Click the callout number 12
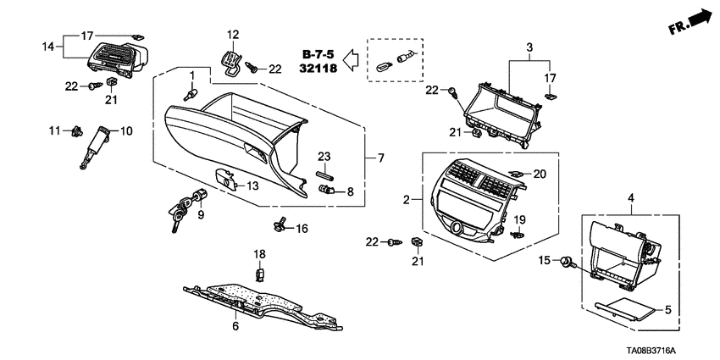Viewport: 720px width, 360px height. pyautogui.click(x=233, y=35)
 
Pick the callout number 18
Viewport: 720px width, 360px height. pyautogui.click(x=261, y=253)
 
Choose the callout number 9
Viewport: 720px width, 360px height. pyautogui.click(x=201, y=215)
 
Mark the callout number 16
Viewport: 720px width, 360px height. pyautogui.click(x=302, y=229)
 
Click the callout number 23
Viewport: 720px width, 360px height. pyautogui.click(x=323, y=156)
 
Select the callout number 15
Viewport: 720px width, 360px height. pyautogui.click(x=546, y=260)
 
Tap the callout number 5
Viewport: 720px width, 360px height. pyautogui.click(x=667, y=310)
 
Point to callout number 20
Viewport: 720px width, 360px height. pyautogui.click(x=540, y=174)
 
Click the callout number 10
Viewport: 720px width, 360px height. pyautogui.click(x=126, y=131)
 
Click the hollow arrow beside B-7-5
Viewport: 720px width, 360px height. pyautogui.click(x=354, y=60)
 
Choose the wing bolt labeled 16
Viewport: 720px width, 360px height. pyautogui.click(x=281, y=224)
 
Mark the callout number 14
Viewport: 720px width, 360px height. pyautogui.click(x=48, y=45)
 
